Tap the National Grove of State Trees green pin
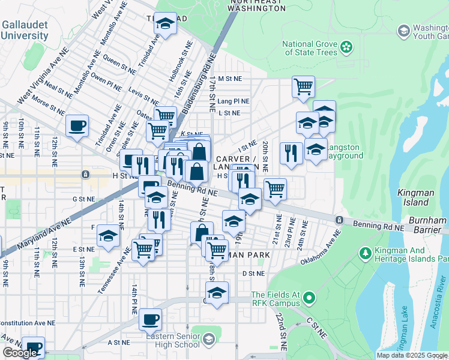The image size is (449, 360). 346,47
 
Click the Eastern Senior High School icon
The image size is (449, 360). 208,340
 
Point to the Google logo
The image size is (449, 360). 20,353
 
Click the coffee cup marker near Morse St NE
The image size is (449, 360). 77,126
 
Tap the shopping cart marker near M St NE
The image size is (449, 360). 303,86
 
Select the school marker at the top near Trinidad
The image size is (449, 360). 165,24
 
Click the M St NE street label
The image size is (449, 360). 229,79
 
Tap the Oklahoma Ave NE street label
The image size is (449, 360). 321,248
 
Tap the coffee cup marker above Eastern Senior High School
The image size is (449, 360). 150,319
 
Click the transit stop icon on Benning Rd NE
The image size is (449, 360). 340,221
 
